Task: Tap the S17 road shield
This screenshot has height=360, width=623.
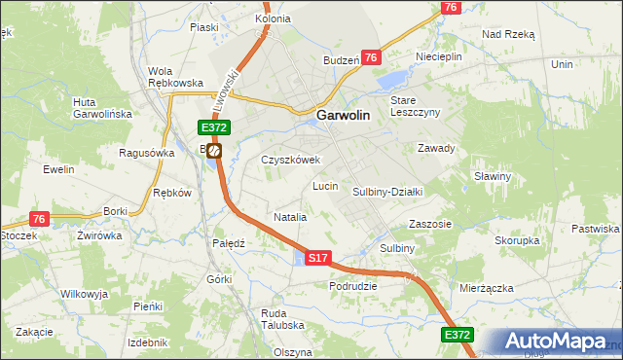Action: point(319,258)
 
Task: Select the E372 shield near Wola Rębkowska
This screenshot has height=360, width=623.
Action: point(214,127)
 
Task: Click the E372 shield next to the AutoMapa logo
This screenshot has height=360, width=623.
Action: point(458,334)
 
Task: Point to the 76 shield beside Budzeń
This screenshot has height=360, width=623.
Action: point(370,58)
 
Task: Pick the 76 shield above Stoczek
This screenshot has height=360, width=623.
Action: point(39,219)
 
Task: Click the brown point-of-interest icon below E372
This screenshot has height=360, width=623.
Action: point(214,151)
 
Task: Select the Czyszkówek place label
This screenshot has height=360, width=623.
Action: point(290,161)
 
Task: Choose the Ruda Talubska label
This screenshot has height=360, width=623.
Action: point(282,319)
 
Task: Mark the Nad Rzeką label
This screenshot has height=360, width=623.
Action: point(509,33)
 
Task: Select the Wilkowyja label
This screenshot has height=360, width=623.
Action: point(84,293)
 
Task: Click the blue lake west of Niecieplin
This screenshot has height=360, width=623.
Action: point(393,79)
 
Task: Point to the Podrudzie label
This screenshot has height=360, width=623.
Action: point(352,285)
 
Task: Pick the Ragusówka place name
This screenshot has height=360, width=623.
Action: point(146,153)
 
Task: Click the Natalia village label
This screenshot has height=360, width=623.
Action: point(290,217)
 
